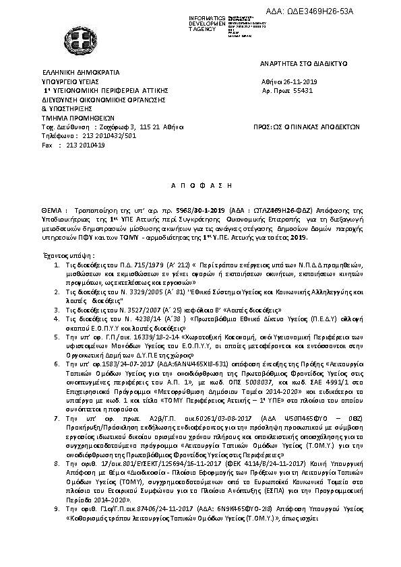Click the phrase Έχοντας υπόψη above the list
[x=65, y=257]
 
